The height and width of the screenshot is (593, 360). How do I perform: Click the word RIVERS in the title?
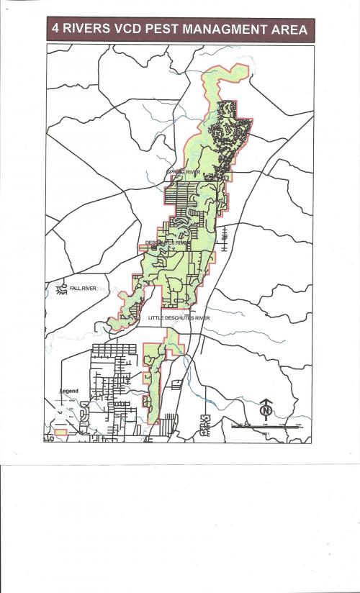pyautogui.click(x=84, y=30)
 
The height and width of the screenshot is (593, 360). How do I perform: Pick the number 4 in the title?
pyautogui.click(x=55, y=30)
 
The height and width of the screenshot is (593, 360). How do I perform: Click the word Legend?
pyautogui.click(x=69, y=391)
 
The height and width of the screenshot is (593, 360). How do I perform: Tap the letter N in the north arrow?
pyautogui.click(x=266, y=411)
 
